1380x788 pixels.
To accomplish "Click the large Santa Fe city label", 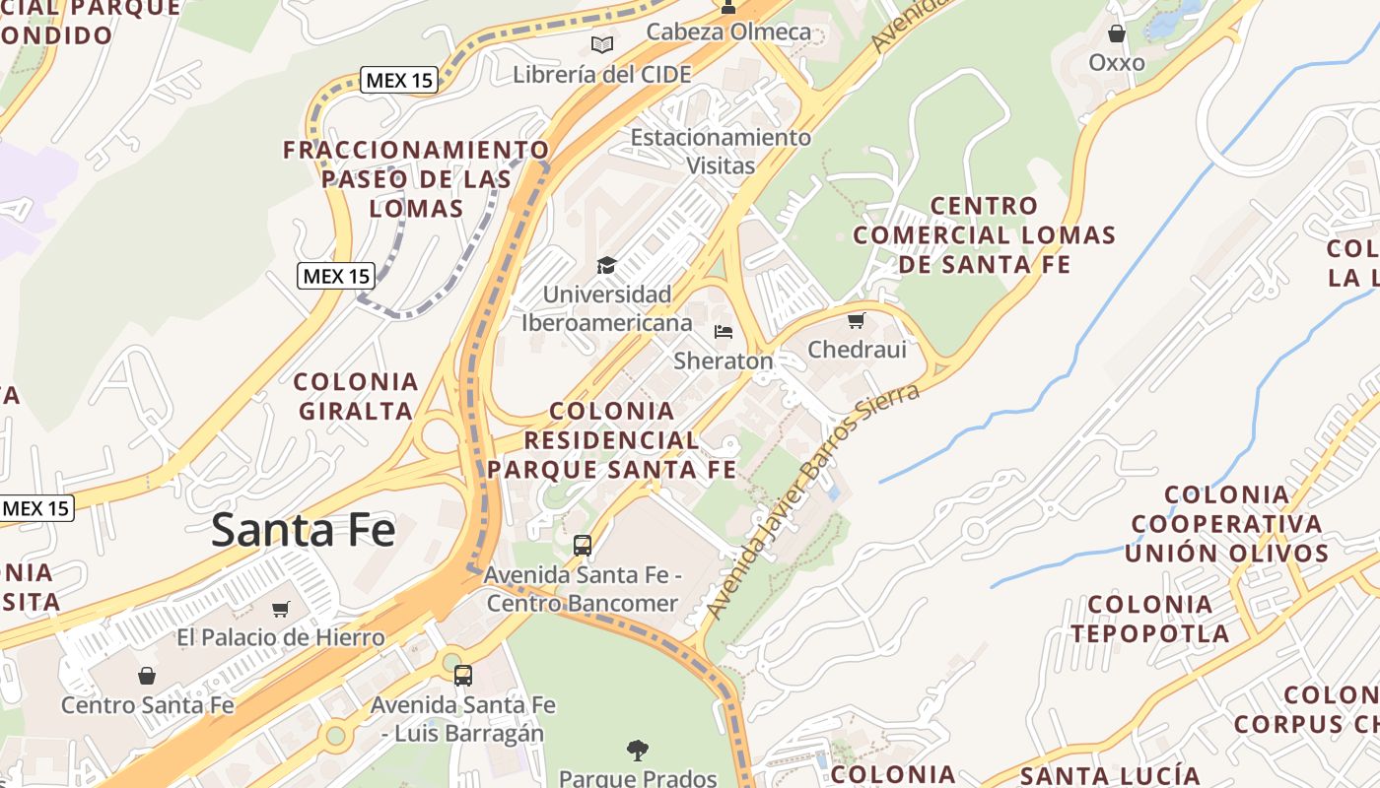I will point(303,531).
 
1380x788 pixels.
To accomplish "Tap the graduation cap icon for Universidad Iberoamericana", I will point(606,265).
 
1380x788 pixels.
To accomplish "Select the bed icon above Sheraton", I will point(724,331).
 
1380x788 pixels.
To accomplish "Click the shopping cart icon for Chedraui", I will point(856,320).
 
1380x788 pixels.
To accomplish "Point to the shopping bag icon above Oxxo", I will point(1117,34).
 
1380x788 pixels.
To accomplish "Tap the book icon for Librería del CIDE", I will point(601,44).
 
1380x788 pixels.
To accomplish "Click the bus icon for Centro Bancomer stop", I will point(583,545).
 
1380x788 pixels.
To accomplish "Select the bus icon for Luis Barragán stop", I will point(462,676).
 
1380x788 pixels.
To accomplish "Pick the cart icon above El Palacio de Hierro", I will point(281,609).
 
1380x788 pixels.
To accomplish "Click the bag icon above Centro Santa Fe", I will point(147,676).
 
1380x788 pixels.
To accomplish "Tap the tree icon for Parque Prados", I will point(638,751).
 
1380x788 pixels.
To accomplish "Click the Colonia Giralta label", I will point(356,396).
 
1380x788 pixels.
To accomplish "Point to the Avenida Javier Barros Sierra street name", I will point(812,501).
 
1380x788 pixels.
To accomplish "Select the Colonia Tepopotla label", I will point(1150,619).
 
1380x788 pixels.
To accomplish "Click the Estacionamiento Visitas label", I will point(721,151).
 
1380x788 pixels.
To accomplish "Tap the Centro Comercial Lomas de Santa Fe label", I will point(984,234).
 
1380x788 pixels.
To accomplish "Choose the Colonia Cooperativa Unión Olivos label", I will point(1227,523).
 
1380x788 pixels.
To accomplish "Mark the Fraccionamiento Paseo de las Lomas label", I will point(416,178).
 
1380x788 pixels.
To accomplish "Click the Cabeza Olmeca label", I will point(728,32).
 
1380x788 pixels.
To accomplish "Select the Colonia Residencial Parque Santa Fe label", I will point(612,439).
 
